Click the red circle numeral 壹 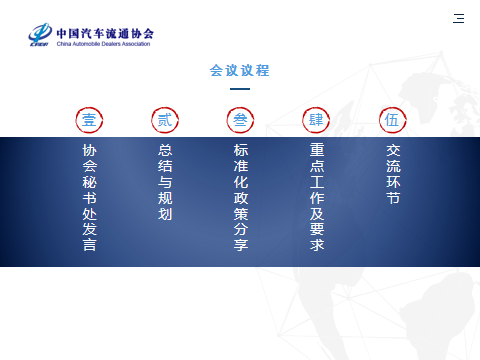[x=89, y=120]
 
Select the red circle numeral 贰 [x=165, y=120]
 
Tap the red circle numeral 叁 [x=241, y=120]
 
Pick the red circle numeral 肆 [x=316, y=120]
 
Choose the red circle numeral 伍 [x=392, y=120]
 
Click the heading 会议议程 [x=240, y=71]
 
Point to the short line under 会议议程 [x=240, y=89]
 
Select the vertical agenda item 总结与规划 [x=165, y=181]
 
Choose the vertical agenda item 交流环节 [x=392, y=173]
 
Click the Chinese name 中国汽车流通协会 [x=105, y=32]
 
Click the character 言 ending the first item [x=89, y=245]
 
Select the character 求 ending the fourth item [x=316, y=245]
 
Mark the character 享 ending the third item [x=241, y=245]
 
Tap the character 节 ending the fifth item [x=392, y=198]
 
